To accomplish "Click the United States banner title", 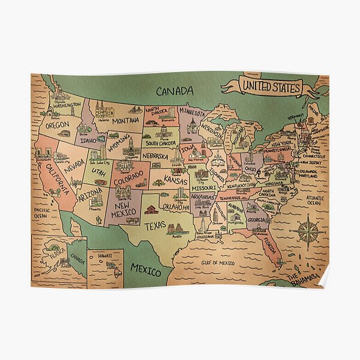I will click(x=270, y=87).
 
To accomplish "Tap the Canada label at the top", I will click(x=175, y=91).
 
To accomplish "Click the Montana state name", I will click(x=125, y=120).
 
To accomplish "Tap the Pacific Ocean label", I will click(x=41, y=214).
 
